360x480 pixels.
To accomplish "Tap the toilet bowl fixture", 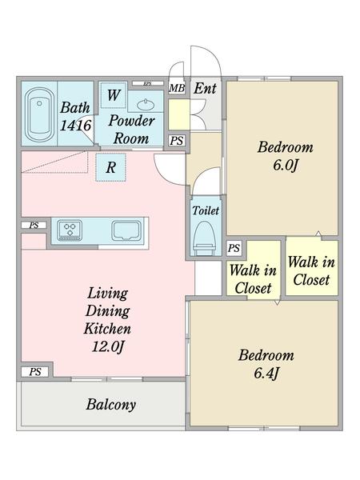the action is click(x=206, y=238).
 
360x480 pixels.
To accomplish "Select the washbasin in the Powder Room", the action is click(x=146, y=105).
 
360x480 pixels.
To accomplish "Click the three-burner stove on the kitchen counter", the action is click(x=70, y=230).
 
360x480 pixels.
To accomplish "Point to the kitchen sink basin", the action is click(x=126, y=230).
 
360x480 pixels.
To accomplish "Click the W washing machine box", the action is click(x=114, y=95).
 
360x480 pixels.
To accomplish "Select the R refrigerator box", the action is click(x=111, y=167).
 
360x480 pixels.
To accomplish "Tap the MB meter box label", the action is click(x=177, y=88).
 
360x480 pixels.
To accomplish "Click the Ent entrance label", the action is click(x=205, y=89).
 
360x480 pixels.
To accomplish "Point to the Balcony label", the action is click(x=111, y=405).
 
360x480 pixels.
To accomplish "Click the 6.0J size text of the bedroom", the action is click(x=286, y=166).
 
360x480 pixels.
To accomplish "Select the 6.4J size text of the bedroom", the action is click(x=266, y=374).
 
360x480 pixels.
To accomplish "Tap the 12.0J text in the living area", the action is click(x=108, y=347).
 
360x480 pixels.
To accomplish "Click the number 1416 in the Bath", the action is click(x=76, y=126).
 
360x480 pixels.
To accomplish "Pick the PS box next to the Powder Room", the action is click(x=177, y=141).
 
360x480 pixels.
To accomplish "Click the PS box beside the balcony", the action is click(x=35, y=372).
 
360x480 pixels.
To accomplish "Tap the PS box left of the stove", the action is click(x=34, y=226).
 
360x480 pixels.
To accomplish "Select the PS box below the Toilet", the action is click(x=234, y=248).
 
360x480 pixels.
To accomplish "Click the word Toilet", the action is click(x=206, y=210).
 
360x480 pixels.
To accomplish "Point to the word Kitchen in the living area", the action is click(x=107, y=329).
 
